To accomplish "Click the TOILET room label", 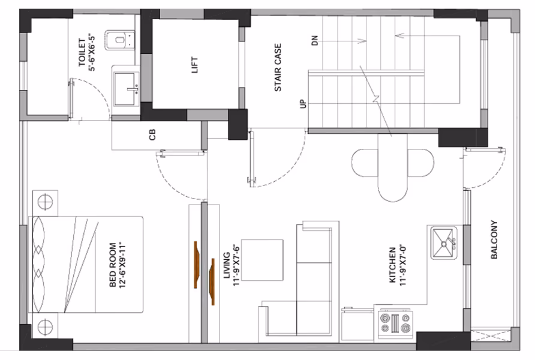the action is [x=82, y=52].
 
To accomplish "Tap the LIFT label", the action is [x=195, y=65].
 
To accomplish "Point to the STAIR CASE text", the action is [x=278, y=67].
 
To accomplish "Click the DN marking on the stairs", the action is [x=315, y=40].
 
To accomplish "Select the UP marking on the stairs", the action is [x=303, y=104].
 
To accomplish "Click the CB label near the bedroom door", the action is [x=152, y=134].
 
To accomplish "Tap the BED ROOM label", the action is [x=113, y=265].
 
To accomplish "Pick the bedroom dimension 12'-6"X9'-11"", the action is [x=122, y=265].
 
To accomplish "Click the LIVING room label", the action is [x=227, y=265].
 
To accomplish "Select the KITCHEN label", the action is [x=393, y=265].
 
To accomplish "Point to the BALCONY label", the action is [x=494, y=239].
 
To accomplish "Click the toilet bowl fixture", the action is [x=120, y=40].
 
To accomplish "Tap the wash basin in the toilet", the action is [x=126, y=90].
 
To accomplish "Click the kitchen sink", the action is [x=444, y=242].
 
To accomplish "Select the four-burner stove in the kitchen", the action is [x=395, y=323].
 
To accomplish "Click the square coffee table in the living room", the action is [x=262, y=260].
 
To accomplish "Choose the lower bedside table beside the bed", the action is [x=46, y=326].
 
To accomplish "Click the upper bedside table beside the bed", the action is [x=45, y=203].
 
